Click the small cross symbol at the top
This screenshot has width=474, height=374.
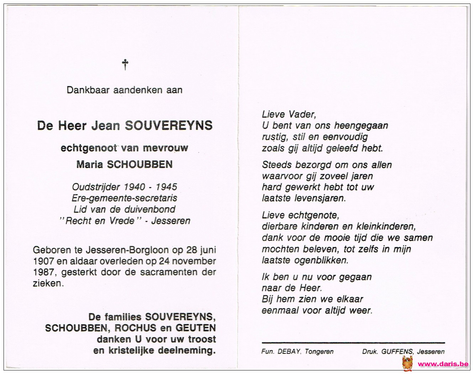125,64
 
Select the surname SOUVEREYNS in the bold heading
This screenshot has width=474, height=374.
168,125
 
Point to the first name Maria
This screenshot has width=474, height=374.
90,164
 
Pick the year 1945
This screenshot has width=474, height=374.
166,187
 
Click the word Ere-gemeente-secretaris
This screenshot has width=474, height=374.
125,198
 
